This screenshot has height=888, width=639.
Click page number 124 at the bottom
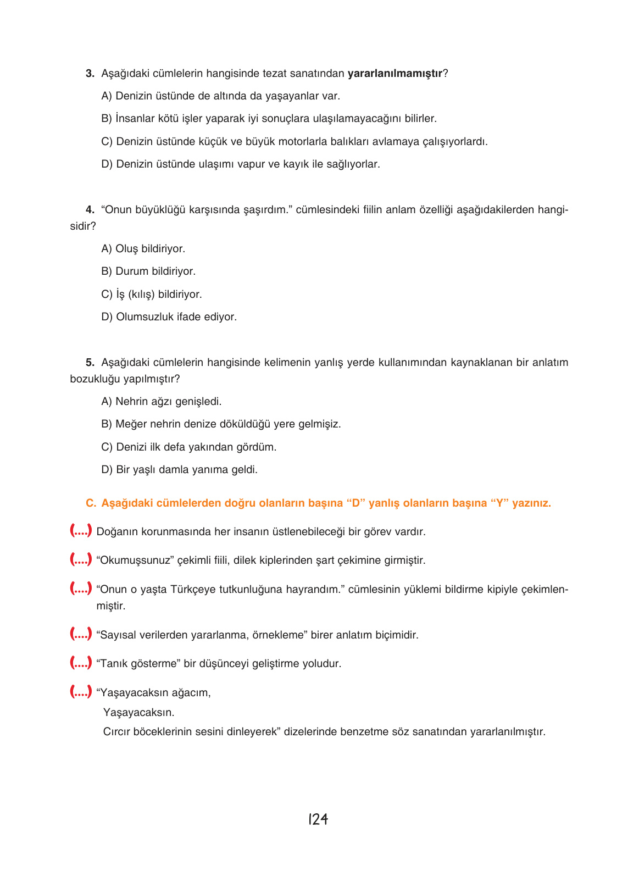[x=318, y=819]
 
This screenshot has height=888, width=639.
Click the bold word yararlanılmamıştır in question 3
[x=394, y=74]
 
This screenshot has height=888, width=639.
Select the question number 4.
[x=90, y=210]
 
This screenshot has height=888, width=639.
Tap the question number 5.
[x=90, y=363]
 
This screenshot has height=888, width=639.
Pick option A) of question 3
[x=107, y=96]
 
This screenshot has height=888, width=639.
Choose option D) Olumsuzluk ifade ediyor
[x=169, y=317]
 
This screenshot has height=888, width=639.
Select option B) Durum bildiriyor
[x=148, y=271]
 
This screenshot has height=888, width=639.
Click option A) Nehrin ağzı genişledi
[x=162, y=402]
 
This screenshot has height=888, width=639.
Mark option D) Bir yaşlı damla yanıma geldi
[x=179, y=470]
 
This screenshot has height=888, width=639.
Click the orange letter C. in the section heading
[x=91, y=503]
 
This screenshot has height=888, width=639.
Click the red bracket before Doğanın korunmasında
[x=81, y=531]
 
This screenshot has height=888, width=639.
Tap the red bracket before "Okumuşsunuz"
[x=81, y=560]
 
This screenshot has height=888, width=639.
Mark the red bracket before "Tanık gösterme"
[x=81, y=663]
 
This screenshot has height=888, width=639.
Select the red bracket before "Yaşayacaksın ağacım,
[x=81, y=692]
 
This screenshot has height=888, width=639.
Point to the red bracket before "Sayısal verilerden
[x=81, y=635]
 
